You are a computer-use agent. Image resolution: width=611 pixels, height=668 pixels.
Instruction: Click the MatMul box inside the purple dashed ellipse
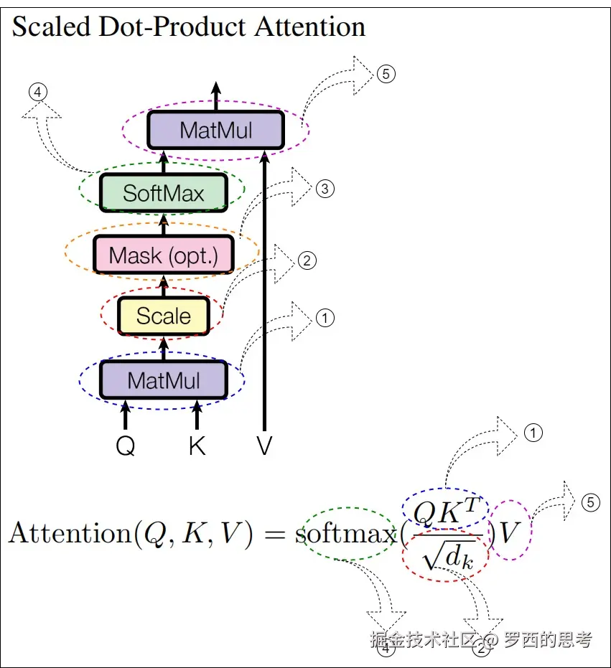pyautogui.click(x=215, y=130)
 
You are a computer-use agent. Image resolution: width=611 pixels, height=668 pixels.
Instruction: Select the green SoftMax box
pyautogui.click(x=163, y=192)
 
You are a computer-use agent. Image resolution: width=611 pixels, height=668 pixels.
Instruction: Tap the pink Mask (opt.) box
pyautogui.click(x=163, y=255)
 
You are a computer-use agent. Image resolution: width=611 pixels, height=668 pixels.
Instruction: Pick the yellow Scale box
pyautogui.click(x=163, y=316)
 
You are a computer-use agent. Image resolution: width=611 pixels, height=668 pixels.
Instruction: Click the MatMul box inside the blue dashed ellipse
pyautogui.click(x=163, y=380)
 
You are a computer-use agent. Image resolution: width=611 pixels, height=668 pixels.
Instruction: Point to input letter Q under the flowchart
pyautogui.click(x=125, y=446)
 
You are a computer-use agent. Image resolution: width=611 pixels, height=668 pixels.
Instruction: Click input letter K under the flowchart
pyautogui.click(x=197, y=446)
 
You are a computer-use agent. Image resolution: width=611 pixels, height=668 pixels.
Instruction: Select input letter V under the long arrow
pyautogui.click(x=264, y=446)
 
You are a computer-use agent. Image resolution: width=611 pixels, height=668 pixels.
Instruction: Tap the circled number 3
pyautogui.click(x=325, y=189)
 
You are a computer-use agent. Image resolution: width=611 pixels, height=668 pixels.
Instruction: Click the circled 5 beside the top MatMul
pyautogui.click(x=386, y=73)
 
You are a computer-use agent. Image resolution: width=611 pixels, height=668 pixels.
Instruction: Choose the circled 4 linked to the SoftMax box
pyautogui.click(x=38, y=92)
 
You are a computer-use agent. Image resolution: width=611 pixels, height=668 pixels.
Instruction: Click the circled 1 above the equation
pyautogui.click(x=533, y=432)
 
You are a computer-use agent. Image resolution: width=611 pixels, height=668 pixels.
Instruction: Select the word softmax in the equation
pyautogui.click(x=345, y=535)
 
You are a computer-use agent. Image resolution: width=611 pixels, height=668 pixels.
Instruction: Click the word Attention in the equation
pyautogui.click(x=71, y=535)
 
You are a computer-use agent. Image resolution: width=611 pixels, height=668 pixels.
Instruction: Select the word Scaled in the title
pyautogui.click(x=51, y=27)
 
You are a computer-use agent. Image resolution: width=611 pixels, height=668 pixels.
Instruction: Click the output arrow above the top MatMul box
pyautogui.click(x=215, y=93)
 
